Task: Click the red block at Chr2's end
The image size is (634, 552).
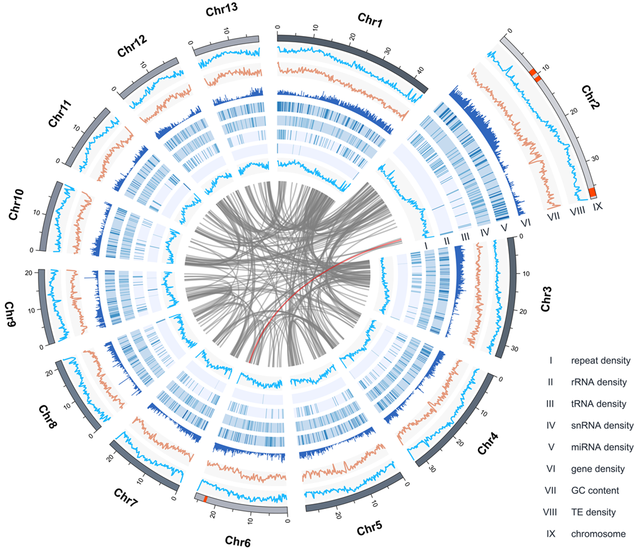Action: point(592,192)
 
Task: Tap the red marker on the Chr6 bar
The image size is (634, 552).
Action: point(205,482)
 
